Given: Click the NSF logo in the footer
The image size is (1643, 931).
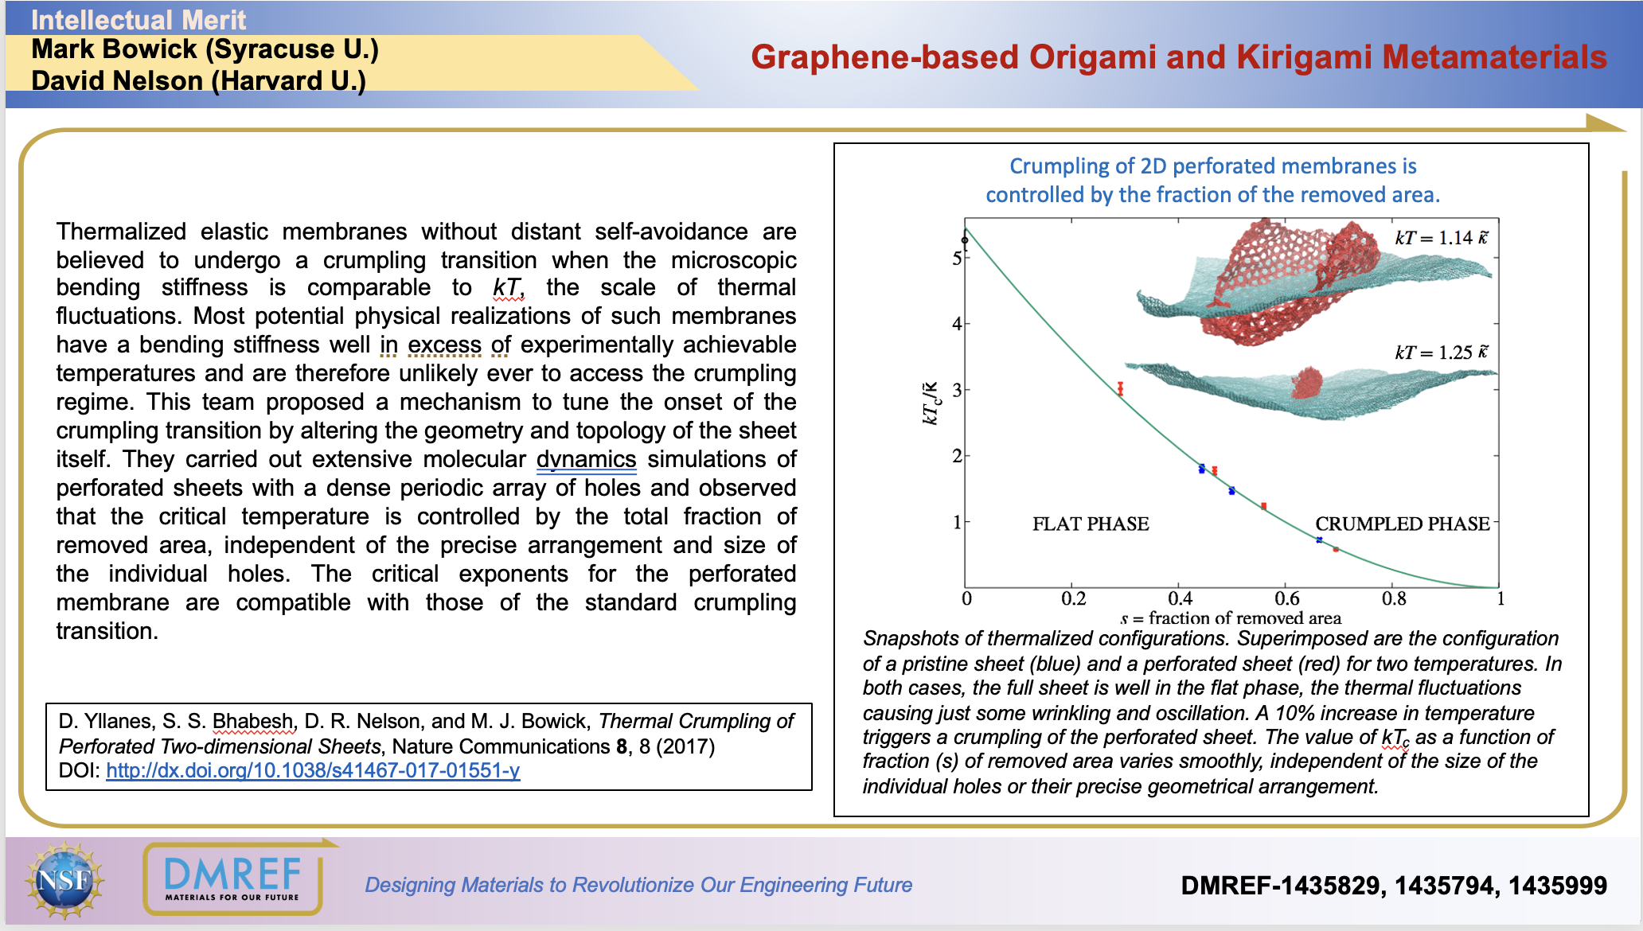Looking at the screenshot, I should point(64,881).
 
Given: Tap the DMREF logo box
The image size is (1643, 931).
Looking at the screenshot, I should point(232,878).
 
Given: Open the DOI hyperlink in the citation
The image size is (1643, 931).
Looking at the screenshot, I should point(313,770).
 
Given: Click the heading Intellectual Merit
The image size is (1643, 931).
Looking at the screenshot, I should point(139,19).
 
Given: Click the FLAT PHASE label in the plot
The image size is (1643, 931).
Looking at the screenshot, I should point(1091,524).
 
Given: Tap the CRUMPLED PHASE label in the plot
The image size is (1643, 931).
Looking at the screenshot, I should point(1402,524).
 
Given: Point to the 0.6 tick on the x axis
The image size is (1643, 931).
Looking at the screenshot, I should point(1287,598).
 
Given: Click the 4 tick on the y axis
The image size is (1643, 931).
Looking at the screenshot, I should point(957,324).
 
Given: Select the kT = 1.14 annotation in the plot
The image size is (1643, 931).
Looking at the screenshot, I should point(1441,237).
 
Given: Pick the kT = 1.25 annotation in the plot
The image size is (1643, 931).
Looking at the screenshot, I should point(1441,352).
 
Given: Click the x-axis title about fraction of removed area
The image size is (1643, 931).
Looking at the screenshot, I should point(1231,617).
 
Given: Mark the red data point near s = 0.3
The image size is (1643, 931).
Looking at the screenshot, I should point(1120,388).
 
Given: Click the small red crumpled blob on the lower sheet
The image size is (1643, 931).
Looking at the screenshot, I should point(1305,383).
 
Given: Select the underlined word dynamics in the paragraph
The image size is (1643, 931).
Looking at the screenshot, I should point(586,459).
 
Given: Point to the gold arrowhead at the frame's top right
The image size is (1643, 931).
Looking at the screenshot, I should point(1603,123).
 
